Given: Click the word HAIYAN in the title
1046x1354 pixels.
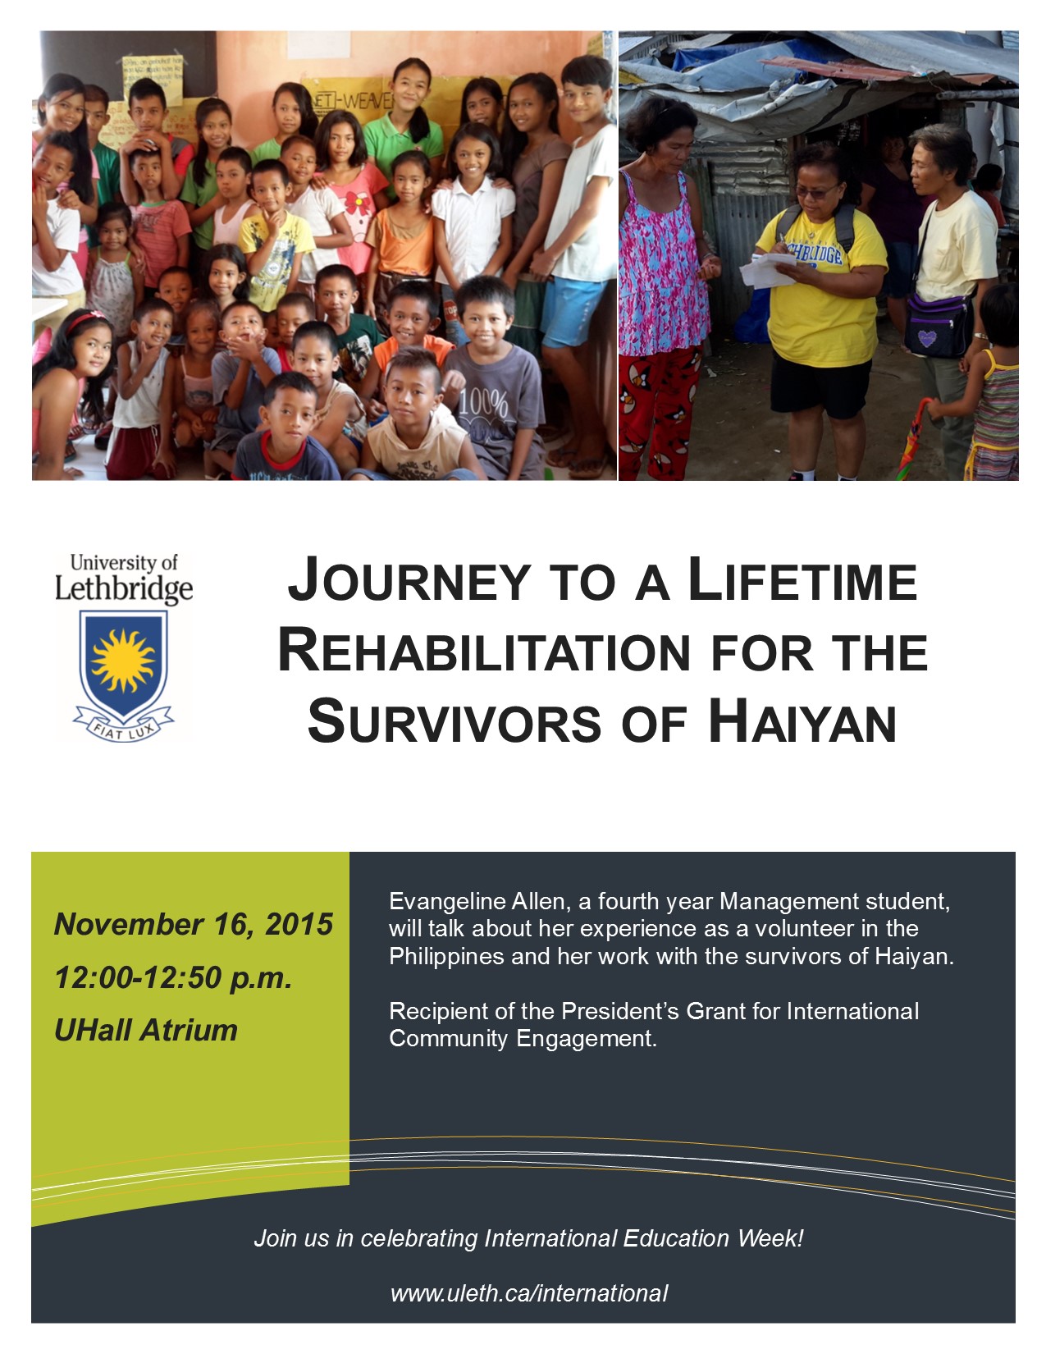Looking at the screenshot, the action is point(802,721).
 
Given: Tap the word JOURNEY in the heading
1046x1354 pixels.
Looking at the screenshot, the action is point(408,579).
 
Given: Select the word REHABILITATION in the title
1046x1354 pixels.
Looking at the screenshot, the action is point(484,652).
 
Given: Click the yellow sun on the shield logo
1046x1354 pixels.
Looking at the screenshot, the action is point(123,661).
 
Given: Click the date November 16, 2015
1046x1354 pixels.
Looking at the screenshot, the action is point(193,924).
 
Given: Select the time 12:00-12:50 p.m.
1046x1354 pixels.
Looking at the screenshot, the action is point(173,977).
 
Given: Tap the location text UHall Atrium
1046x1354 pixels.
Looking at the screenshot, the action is point(146,1030).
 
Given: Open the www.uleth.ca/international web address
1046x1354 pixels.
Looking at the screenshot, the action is point(529,1293).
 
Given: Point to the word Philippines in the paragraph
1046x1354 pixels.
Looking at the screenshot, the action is point(446,956).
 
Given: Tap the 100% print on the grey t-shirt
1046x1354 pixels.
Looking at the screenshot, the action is point(483,405).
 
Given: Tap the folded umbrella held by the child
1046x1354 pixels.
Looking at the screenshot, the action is point(916,440).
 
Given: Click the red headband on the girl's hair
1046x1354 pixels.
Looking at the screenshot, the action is point(85,320).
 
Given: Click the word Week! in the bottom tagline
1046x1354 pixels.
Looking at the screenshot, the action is point(770,1238).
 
